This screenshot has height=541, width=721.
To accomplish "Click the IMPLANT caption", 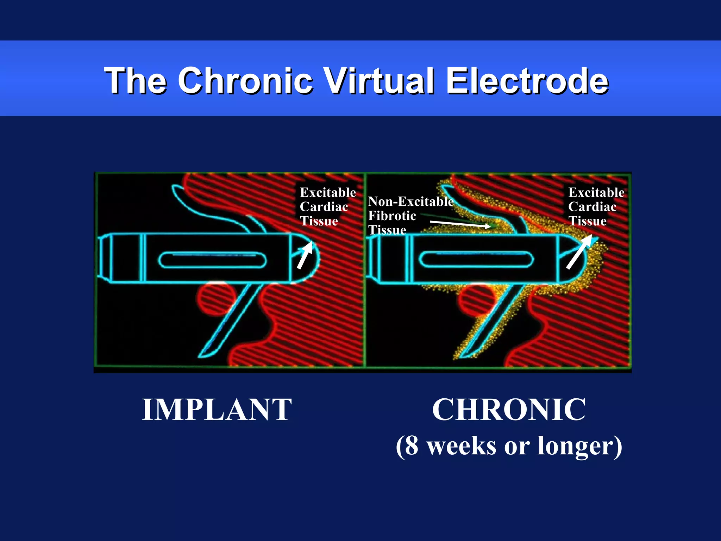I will tap(217, 409).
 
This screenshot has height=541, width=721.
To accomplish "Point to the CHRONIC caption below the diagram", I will tap(509, 409).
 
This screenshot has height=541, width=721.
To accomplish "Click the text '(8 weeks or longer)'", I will tap(509, 446).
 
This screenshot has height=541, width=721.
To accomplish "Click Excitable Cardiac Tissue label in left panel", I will tap(327, 207).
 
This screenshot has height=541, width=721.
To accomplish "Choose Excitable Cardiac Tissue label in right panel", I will tap(596, 207).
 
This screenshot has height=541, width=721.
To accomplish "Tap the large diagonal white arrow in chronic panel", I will tap(579, 252).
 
